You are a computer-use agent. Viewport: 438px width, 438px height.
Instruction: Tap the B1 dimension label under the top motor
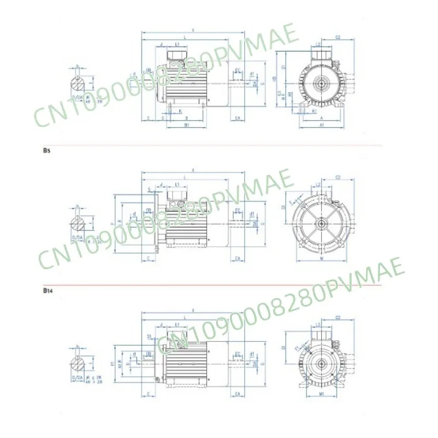point(187,125)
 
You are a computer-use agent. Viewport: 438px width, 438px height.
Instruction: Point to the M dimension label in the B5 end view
point(321,258)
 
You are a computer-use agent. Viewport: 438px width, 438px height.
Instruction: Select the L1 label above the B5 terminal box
point(178,184)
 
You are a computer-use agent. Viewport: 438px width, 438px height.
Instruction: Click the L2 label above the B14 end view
point(318,325)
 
